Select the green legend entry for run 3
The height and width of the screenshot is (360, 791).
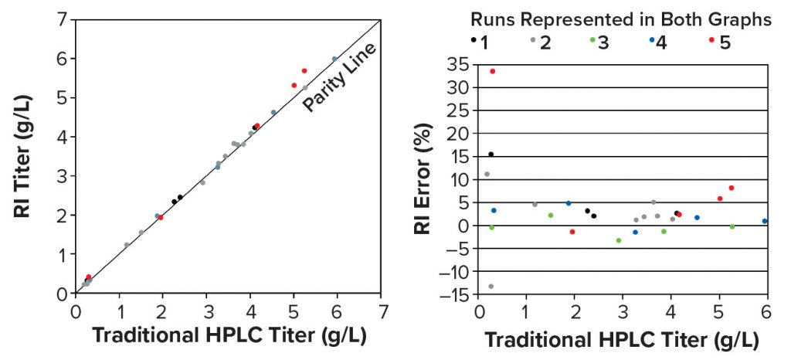pos(592,42)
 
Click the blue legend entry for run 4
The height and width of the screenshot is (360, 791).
pos(653,42)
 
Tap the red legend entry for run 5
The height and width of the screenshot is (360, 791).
pos(713,42)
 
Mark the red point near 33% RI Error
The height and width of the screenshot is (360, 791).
pos(492,71)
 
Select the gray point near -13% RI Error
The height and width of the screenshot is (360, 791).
pos(491,287)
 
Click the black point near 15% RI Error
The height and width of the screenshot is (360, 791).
pos(491,155)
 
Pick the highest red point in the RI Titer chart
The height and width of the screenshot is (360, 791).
pos(304,70)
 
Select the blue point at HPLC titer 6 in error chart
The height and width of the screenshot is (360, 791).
pos(765,221)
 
